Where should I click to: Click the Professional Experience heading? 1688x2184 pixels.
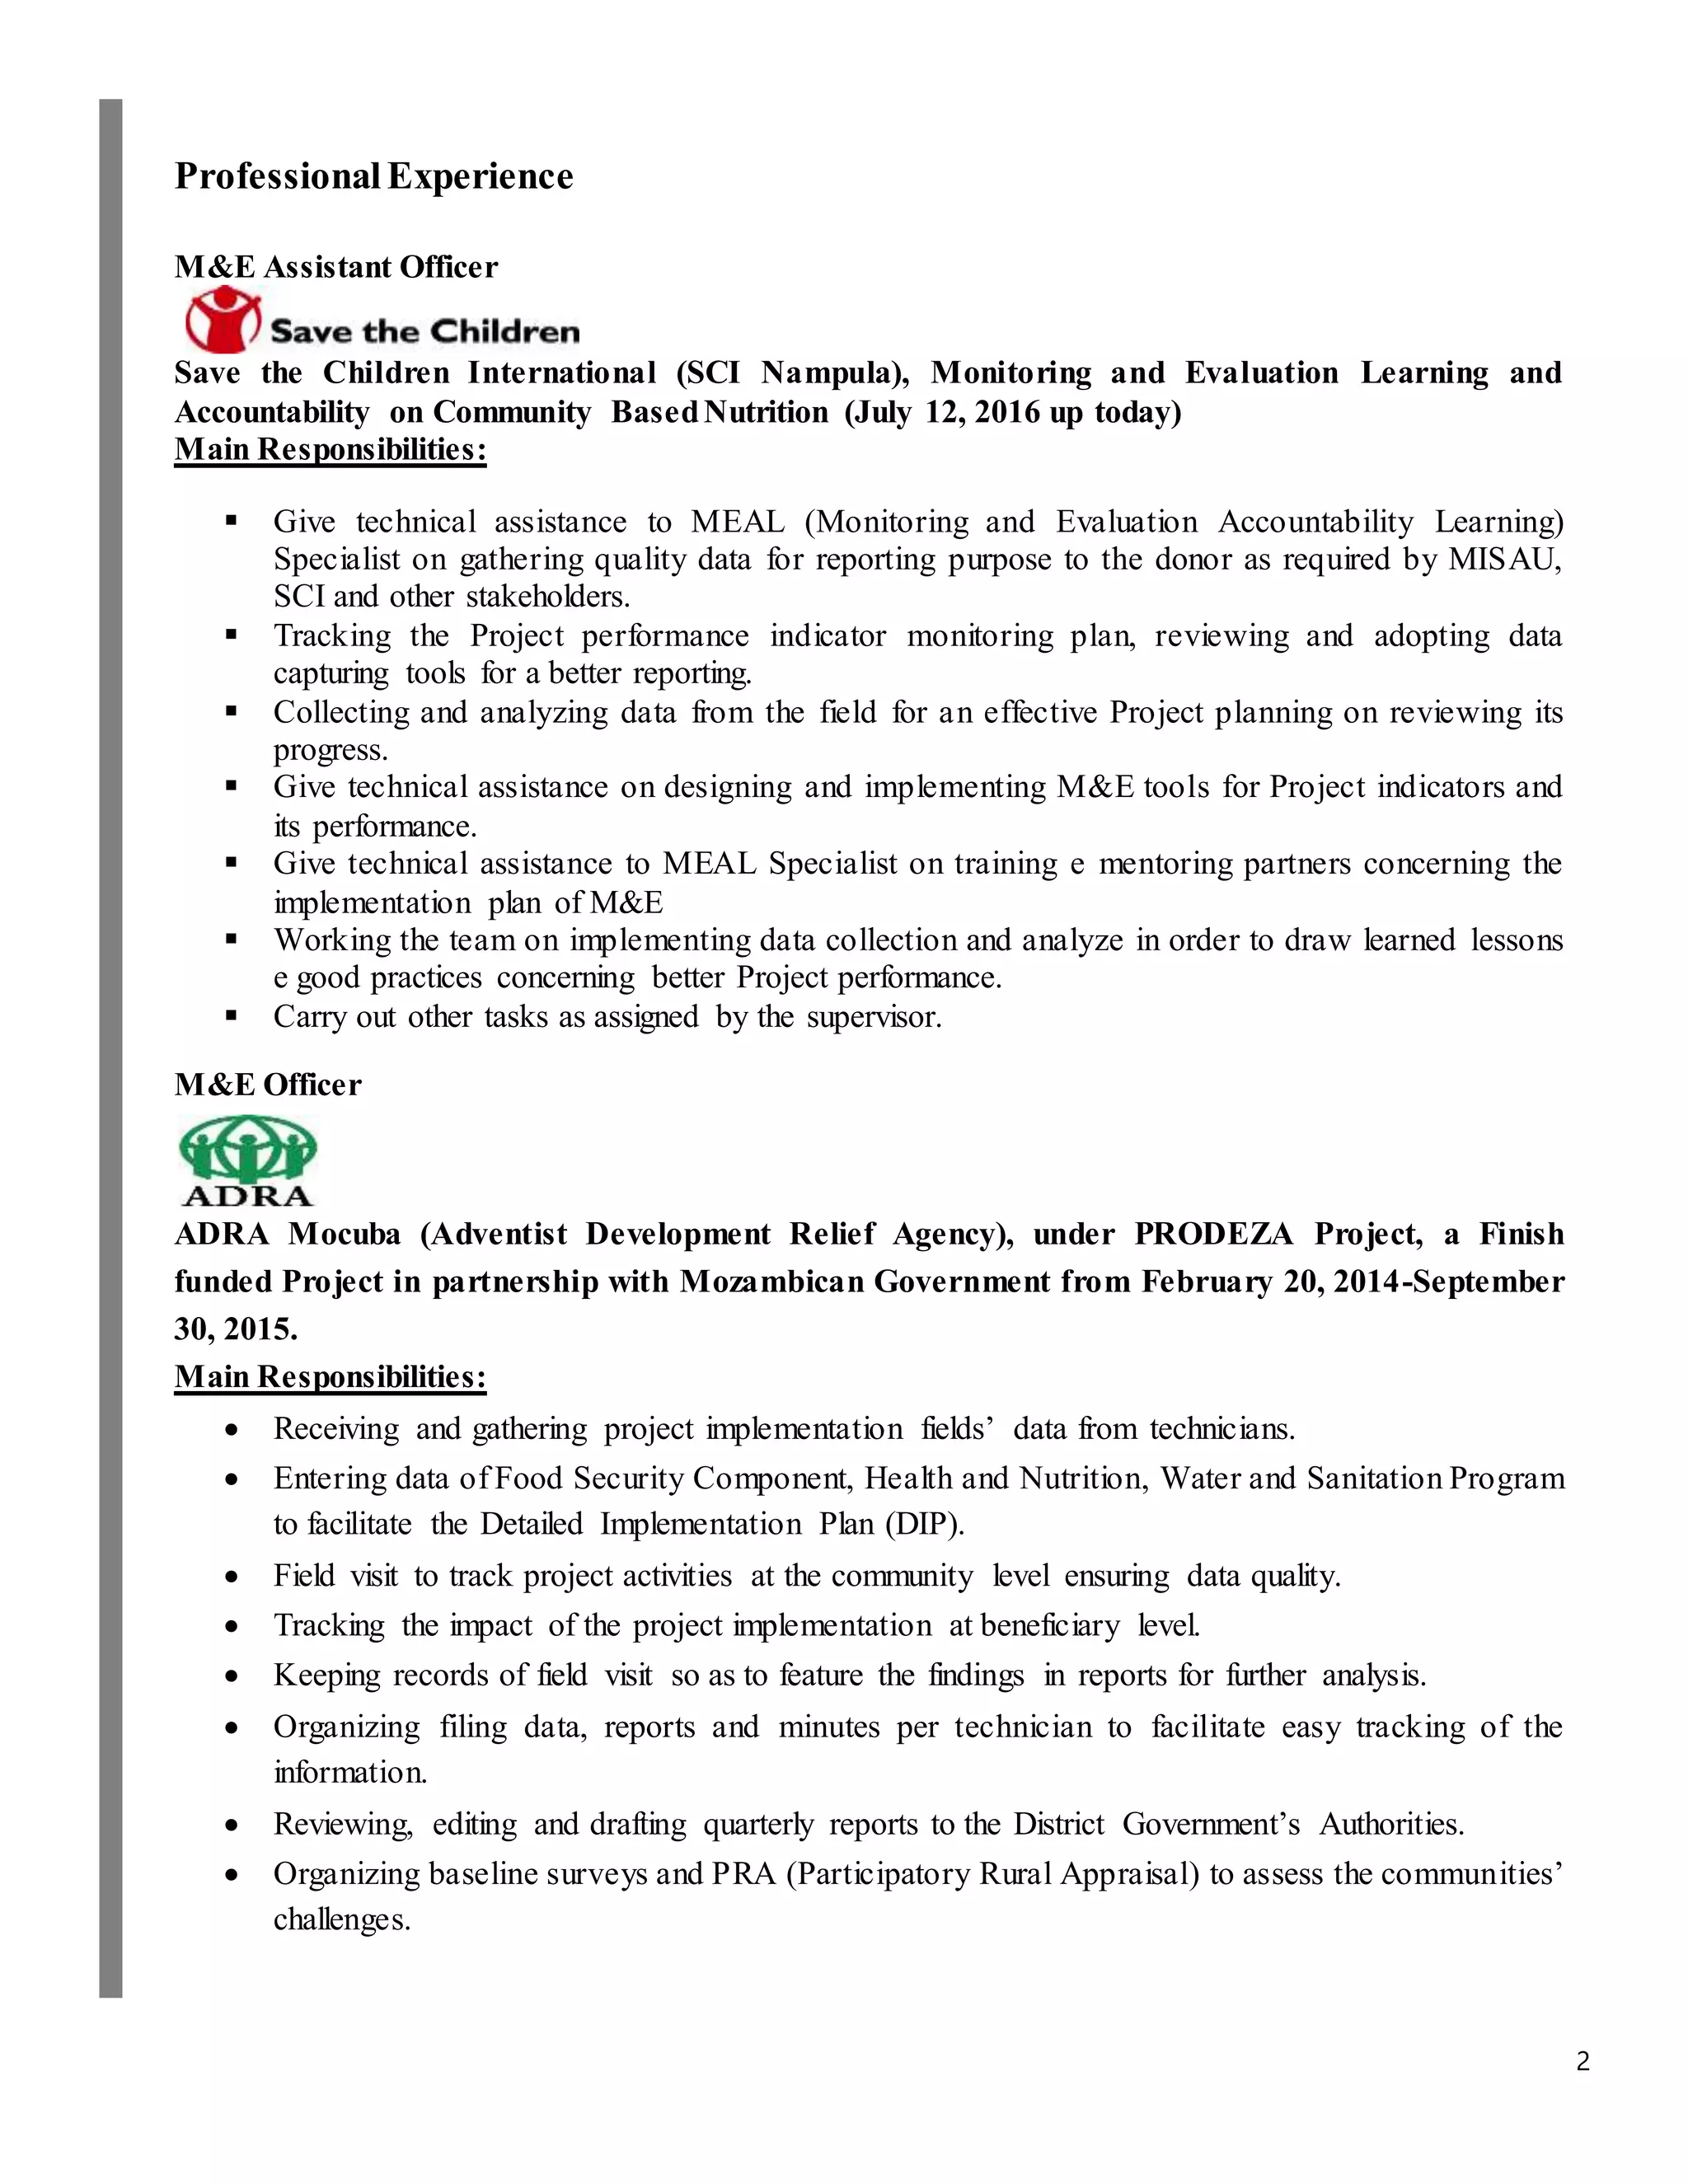374,176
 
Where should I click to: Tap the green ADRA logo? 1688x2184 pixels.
247,1162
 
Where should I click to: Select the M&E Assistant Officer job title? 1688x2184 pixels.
336,267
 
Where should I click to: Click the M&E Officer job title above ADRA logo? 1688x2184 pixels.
268,1085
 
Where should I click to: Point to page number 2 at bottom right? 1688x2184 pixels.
1582,2061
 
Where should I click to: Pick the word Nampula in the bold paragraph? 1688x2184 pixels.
825,373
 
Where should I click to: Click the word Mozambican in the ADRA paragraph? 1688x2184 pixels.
771,1282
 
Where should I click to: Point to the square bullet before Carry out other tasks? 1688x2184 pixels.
232,1016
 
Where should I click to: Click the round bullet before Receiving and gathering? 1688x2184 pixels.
232,1431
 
